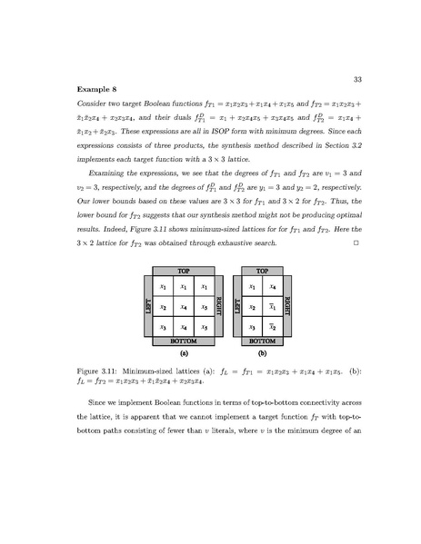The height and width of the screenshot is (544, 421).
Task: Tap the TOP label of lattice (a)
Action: tap(185, 271)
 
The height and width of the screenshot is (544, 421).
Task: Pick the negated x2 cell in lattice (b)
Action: tap(273, 325)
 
